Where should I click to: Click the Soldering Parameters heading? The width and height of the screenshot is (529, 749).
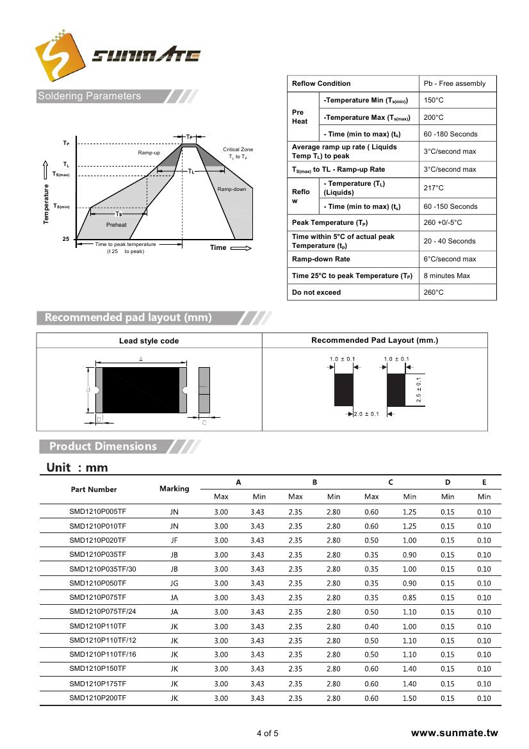89,96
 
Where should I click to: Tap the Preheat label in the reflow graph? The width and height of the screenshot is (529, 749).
117,225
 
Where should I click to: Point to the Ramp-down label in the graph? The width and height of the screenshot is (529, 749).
231,189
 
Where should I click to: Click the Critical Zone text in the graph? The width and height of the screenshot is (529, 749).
238,149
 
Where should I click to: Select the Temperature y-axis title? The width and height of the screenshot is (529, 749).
46,204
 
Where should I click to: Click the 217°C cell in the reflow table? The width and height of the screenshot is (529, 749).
434,188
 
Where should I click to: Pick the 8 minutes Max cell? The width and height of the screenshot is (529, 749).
446,276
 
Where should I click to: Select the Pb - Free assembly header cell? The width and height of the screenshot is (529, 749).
454,83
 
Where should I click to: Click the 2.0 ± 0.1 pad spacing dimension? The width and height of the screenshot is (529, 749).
366,414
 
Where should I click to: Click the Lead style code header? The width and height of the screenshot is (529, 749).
149,341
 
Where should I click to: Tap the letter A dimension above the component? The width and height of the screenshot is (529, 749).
140,359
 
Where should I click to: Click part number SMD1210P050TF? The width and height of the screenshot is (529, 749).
97,583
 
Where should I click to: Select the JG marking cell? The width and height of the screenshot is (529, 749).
174,584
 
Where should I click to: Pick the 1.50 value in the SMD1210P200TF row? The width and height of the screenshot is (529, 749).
409,698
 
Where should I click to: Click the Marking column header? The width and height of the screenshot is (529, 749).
174,488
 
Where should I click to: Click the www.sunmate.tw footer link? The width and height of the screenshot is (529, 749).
454,733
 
